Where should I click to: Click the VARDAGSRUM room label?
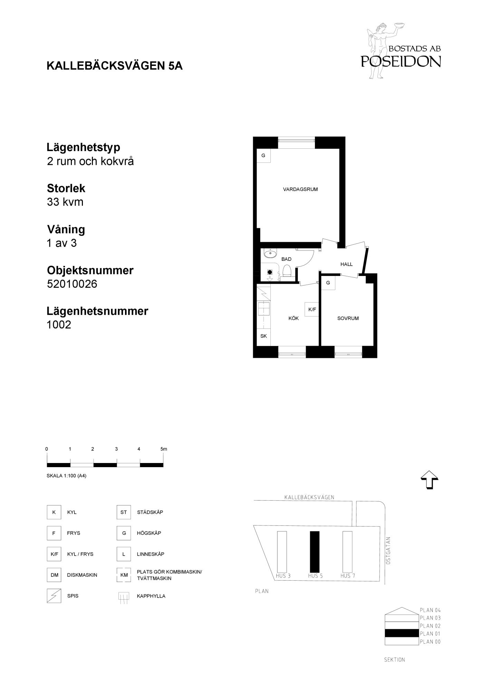300,189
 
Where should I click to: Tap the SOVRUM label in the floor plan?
348,318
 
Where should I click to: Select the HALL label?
346,264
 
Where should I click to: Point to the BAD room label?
286,259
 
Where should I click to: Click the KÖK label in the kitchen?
294,318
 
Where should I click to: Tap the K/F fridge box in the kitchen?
312,309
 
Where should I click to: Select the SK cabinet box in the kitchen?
264,336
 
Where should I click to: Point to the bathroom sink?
269,254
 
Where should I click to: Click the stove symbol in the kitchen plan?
264,293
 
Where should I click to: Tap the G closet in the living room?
263,156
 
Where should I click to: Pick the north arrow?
429,480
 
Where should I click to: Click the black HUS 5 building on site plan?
314,552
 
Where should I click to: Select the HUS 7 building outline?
347,552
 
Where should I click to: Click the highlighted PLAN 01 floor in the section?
401,633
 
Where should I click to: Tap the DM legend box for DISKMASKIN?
54,575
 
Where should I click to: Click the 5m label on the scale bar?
164,449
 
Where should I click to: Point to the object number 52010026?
72,284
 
